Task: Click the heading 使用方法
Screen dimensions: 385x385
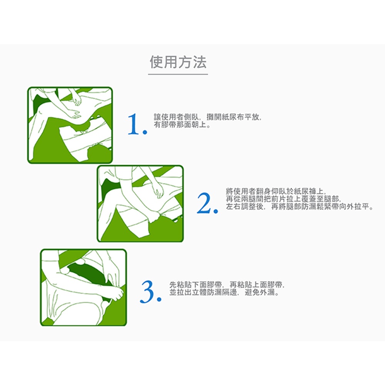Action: tap(178, 62)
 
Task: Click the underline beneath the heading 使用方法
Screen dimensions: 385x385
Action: tap(178, 74)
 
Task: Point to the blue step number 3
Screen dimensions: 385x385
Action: tap(147, 292)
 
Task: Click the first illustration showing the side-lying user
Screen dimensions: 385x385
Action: tap(70, 125)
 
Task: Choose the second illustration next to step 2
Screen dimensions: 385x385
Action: tap(140, 204)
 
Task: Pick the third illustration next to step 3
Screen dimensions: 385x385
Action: tap(84, 288)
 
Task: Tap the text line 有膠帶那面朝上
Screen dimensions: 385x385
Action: tap(182, 125)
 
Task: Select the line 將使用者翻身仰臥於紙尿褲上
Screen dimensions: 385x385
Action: tap(276, 191)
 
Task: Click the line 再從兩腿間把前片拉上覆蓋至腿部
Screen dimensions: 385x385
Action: tap(284, 199)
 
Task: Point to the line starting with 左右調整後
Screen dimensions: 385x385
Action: tap(300, 206)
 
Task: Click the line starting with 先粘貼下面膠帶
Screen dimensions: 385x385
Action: tap(227, 285)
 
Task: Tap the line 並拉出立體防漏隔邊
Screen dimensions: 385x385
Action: tap(224, 292)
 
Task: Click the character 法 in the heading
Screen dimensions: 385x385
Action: tap(199, 62)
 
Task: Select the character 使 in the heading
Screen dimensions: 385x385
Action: tap(157, 62)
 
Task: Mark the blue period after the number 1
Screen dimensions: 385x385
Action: tap(145, 132)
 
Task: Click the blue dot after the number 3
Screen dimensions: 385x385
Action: tap(159, 299)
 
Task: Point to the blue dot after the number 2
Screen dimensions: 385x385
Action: tap(216, 211)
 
